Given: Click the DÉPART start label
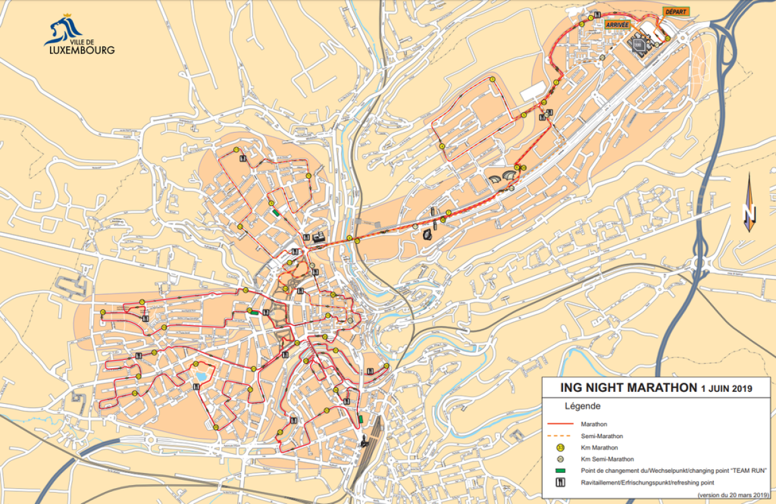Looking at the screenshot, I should coord(675,11).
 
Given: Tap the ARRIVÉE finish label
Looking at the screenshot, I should coord(617,24).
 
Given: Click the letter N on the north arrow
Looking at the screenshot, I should coord(749,212).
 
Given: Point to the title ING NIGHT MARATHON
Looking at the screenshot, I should coord(628,387).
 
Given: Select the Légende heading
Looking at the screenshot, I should coord(582,406).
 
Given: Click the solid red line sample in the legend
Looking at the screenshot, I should coord(561,423).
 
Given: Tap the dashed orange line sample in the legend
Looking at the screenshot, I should coord(561,436).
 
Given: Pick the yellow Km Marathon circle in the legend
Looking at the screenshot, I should coord(560,448).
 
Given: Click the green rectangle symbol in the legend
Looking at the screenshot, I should coord(560,470).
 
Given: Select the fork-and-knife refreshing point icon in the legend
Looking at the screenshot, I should coord(560,482).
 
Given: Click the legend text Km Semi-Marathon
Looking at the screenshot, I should coord(607,459).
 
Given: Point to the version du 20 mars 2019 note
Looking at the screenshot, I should coord(733,495).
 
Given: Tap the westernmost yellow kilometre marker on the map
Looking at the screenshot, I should coord(102,312).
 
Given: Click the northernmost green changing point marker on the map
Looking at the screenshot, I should coord(275,213).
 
